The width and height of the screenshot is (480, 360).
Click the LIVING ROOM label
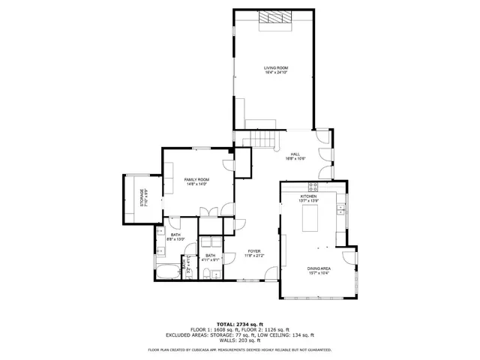click(x=275, y=68)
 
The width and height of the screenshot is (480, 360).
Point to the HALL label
click(x=295, y=154)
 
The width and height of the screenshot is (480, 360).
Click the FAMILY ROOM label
click(x=196, y=180)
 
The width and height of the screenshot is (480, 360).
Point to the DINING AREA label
click(x=319, y=268)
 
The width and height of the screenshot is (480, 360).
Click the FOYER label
click(x=253, y=251)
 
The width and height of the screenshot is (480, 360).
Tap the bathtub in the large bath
click(x=167, y=271)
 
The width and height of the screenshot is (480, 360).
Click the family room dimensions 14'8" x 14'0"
click(x=196, y=184)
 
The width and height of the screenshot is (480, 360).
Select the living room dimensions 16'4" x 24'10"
click(x=275, y=73)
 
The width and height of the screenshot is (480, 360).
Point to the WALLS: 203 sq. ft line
click(x=239, y=343)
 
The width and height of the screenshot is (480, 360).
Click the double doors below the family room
click(x=210, y=212)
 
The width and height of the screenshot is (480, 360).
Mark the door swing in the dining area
click(x=348, y=259)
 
